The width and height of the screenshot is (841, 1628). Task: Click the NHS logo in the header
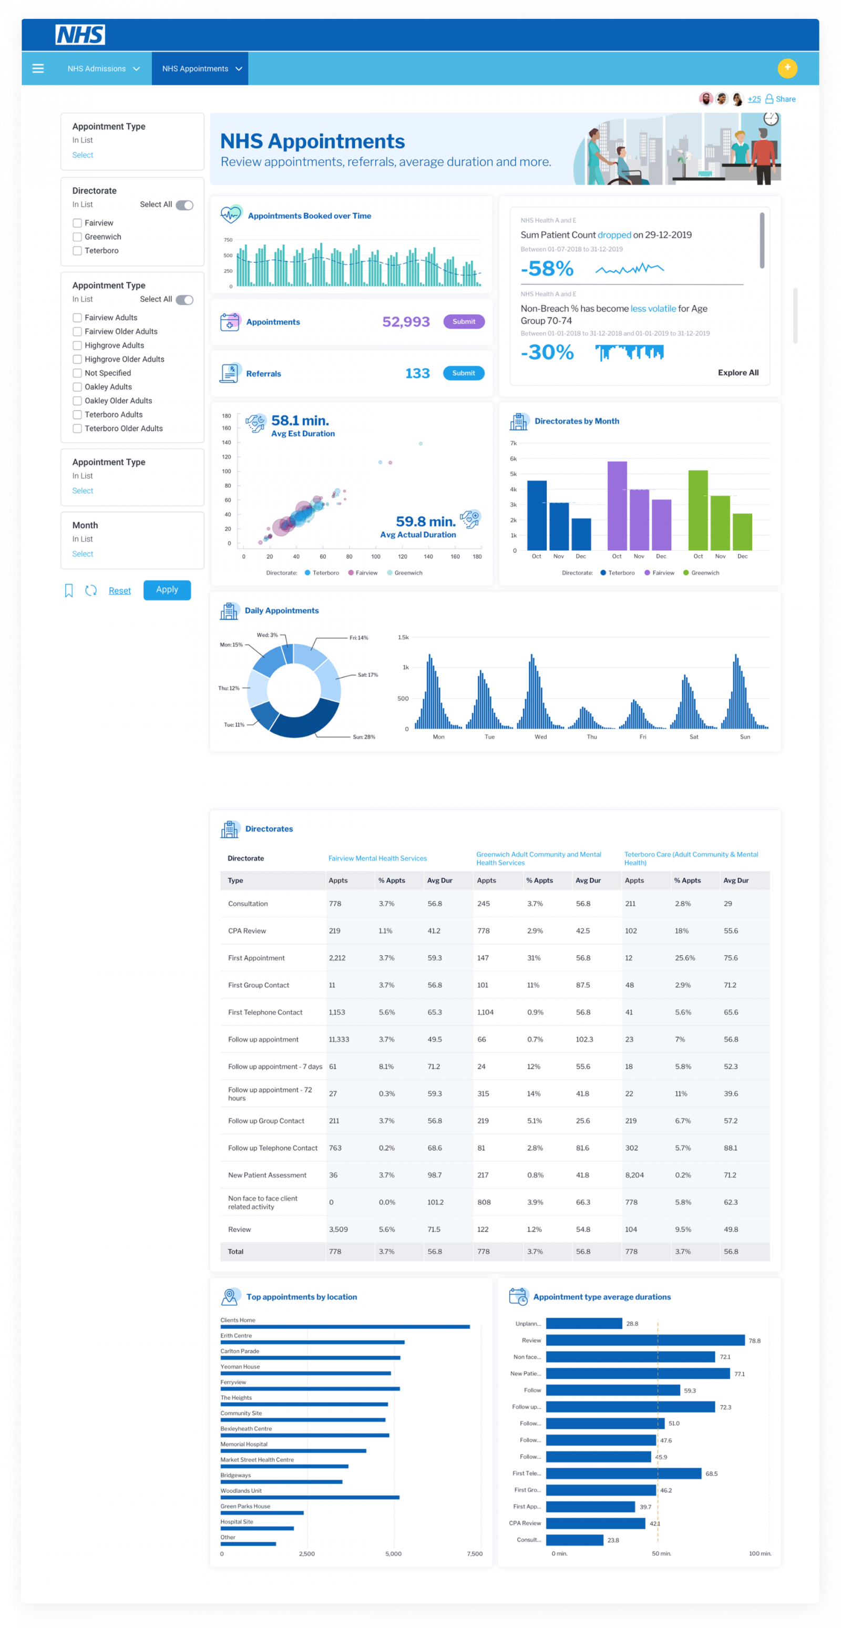coord(80,35)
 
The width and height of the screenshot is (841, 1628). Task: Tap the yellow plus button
coord(787,68)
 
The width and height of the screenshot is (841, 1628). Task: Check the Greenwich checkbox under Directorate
coord(77,237)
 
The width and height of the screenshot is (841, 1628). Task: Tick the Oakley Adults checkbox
coord(77,387)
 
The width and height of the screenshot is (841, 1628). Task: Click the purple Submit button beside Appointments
coord(463,322)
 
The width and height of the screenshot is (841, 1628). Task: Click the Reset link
coord(119,590)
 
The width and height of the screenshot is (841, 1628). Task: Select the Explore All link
coord(737,373)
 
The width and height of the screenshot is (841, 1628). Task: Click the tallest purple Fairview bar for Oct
coord(617,506)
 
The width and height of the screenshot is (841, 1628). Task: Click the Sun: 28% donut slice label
coord(363,737)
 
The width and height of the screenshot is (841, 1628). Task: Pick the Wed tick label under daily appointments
coord(540,737)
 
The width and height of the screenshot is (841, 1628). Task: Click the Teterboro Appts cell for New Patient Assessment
coord(634,1175)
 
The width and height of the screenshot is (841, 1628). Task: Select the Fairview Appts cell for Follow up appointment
coord(339,1039)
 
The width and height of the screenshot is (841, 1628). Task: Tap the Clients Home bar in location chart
coord(345,1327)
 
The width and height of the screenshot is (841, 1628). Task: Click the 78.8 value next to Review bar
coord(754,1340)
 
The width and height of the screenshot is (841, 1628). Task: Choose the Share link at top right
coord(785,99)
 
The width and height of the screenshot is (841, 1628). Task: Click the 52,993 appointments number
coord(406,322)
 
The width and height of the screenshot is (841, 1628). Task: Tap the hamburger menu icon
coord(38,68)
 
